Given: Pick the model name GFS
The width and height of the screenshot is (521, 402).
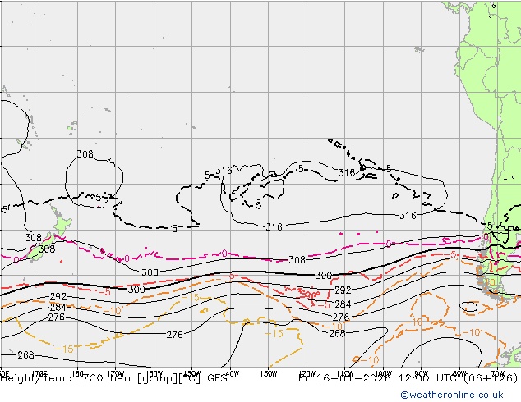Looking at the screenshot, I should tap(218, 378).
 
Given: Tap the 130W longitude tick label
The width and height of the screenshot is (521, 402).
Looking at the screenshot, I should tap(268, 372).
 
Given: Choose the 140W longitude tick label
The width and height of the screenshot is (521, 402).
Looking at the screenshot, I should tap(230, 372).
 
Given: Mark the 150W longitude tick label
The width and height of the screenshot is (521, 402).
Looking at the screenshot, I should tap(192, 372).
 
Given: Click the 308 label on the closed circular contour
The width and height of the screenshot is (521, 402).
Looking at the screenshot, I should tap(85, 154).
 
